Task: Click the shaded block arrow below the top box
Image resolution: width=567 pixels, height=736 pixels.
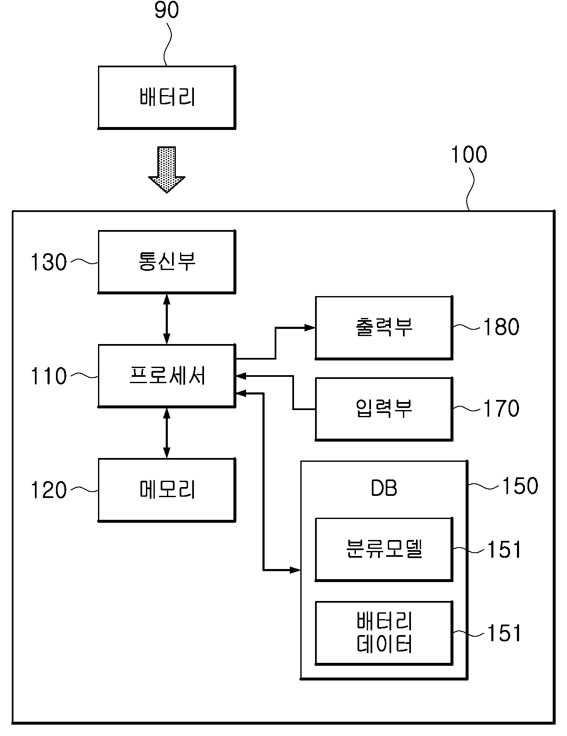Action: point(167,169)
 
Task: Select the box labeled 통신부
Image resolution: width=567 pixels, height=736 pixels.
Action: point(167,262)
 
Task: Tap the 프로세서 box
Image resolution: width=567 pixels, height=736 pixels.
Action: point(167,376)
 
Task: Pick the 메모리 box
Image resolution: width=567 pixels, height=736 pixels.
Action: point(167,490)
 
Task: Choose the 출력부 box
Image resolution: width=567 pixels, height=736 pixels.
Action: point(384,328)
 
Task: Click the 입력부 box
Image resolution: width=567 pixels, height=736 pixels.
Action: point(384,409)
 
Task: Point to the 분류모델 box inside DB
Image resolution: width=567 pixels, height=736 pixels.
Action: point(384,549)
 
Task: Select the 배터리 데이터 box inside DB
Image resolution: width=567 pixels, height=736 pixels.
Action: point(384,633)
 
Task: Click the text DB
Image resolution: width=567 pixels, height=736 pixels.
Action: point(384,488)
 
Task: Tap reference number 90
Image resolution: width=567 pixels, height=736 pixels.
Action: point(167,11)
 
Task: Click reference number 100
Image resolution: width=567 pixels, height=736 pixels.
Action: point(469,155)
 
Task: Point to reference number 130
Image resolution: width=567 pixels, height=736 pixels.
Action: point(49,262)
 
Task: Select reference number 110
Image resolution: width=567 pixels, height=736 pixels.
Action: point(49,376)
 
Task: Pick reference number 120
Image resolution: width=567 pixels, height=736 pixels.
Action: point(49,490)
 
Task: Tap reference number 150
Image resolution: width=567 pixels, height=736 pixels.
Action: point(520,486)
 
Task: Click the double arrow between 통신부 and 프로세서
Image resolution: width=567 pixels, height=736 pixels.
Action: point(167,319)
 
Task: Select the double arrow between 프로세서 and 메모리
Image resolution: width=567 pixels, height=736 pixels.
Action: point(167,433)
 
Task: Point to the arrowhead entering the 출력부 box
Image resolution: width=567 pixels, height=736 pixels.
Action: point(310,328)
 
